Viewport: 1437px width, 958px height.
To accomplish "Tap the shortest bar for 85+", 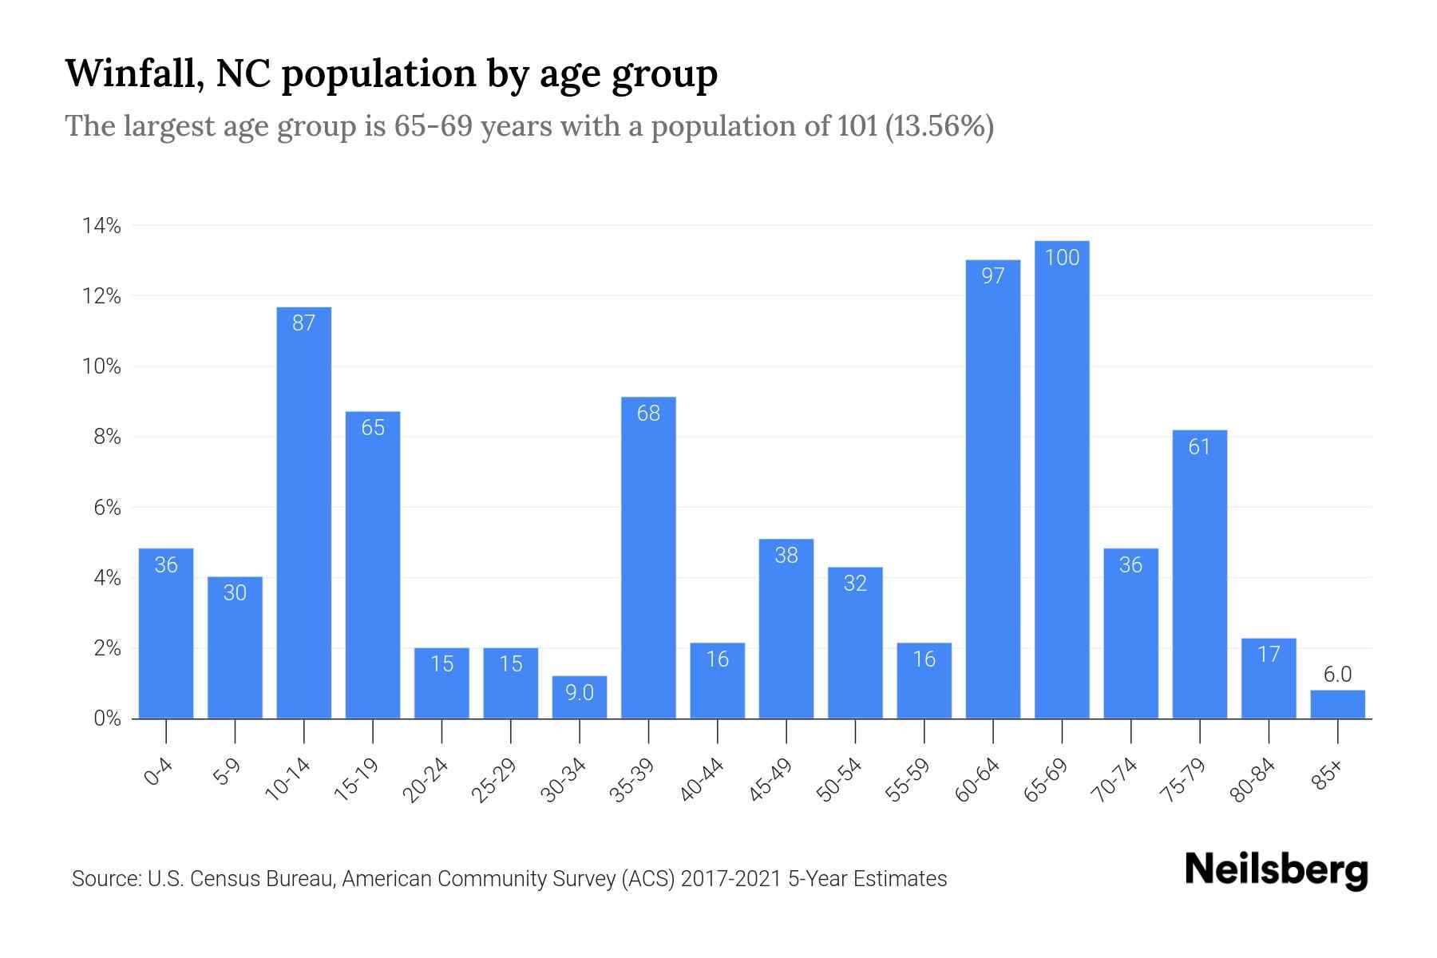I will click(x=1337, y=705).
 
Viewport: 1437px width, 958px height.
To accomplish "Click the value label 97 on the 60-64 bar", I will click(x=992, y=276).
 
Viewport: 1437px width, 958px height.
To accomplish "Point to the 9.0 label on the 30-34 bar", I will click(x=580, y=693).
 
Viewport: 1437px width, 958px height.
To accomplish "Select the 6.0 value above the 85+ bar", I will click(x=1337, y=675).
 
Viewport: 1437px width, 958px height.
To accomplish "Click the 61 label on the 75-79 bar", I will click(x=1199, y=447).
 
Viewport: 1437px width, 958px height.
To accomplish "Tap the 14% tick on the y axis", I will click(x=101, y=227).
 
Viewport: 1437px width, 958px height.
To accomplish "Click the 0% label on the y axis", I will click(x=106, y=718).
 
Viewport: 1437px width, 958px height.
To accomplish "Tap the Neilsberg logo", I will click(x=1276, y=870).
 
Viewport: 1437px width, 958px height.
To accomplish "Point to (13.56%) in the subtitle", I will click(x=939, y=126).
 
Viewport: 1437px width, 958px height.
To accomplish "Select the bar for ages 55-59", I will click(x=924, y=683).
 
